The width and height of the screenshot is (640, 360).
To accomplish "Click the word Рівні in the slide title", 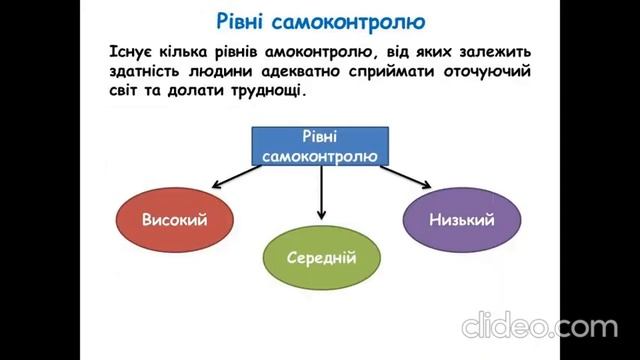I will coord(252,20).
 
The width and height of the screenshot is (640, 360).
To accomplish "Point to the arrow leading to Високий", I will coord(232,178).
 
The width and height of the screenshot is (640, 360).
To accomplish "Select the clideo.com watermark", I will coord(539,326).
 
